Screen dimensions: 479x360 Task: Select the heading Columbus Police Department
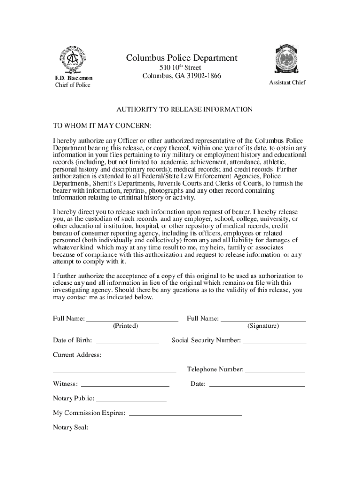pos(181,58)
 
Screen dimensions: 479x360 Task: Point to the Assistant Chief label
pos(287,83)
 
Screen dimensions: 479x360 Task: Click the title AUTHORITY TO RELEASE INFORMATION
pos(184,109)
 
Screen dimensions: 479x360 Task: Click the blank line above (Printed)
pos(133,321)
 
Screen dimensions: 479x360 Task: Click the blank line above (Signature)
pos(263,321)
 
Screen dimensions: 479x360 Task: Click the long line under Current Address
pos(114,371)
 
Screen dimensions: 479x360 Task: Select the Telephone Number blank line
pos(275,371)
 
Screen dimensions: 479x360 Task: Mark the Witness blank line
pos(125,386)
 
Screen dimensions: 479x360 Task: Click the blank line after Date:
pos(257,386)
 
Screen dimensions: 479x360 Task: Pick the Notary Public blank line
pos(131,401)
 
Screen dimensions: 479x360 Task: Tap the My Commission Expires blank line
pos(185,415)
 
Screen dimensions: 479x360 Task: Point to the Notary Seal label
pos(71,427)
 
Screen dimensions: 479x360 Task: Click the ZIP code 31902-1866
pos(202,76)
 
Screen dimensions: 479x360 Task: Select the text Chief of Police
pos(72,85)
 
